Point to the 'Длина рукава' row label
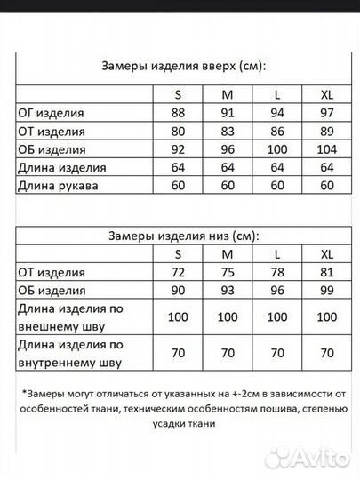click(x=60, y=186)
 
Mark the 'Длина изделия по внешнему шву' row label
click(x=71, y=316)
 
